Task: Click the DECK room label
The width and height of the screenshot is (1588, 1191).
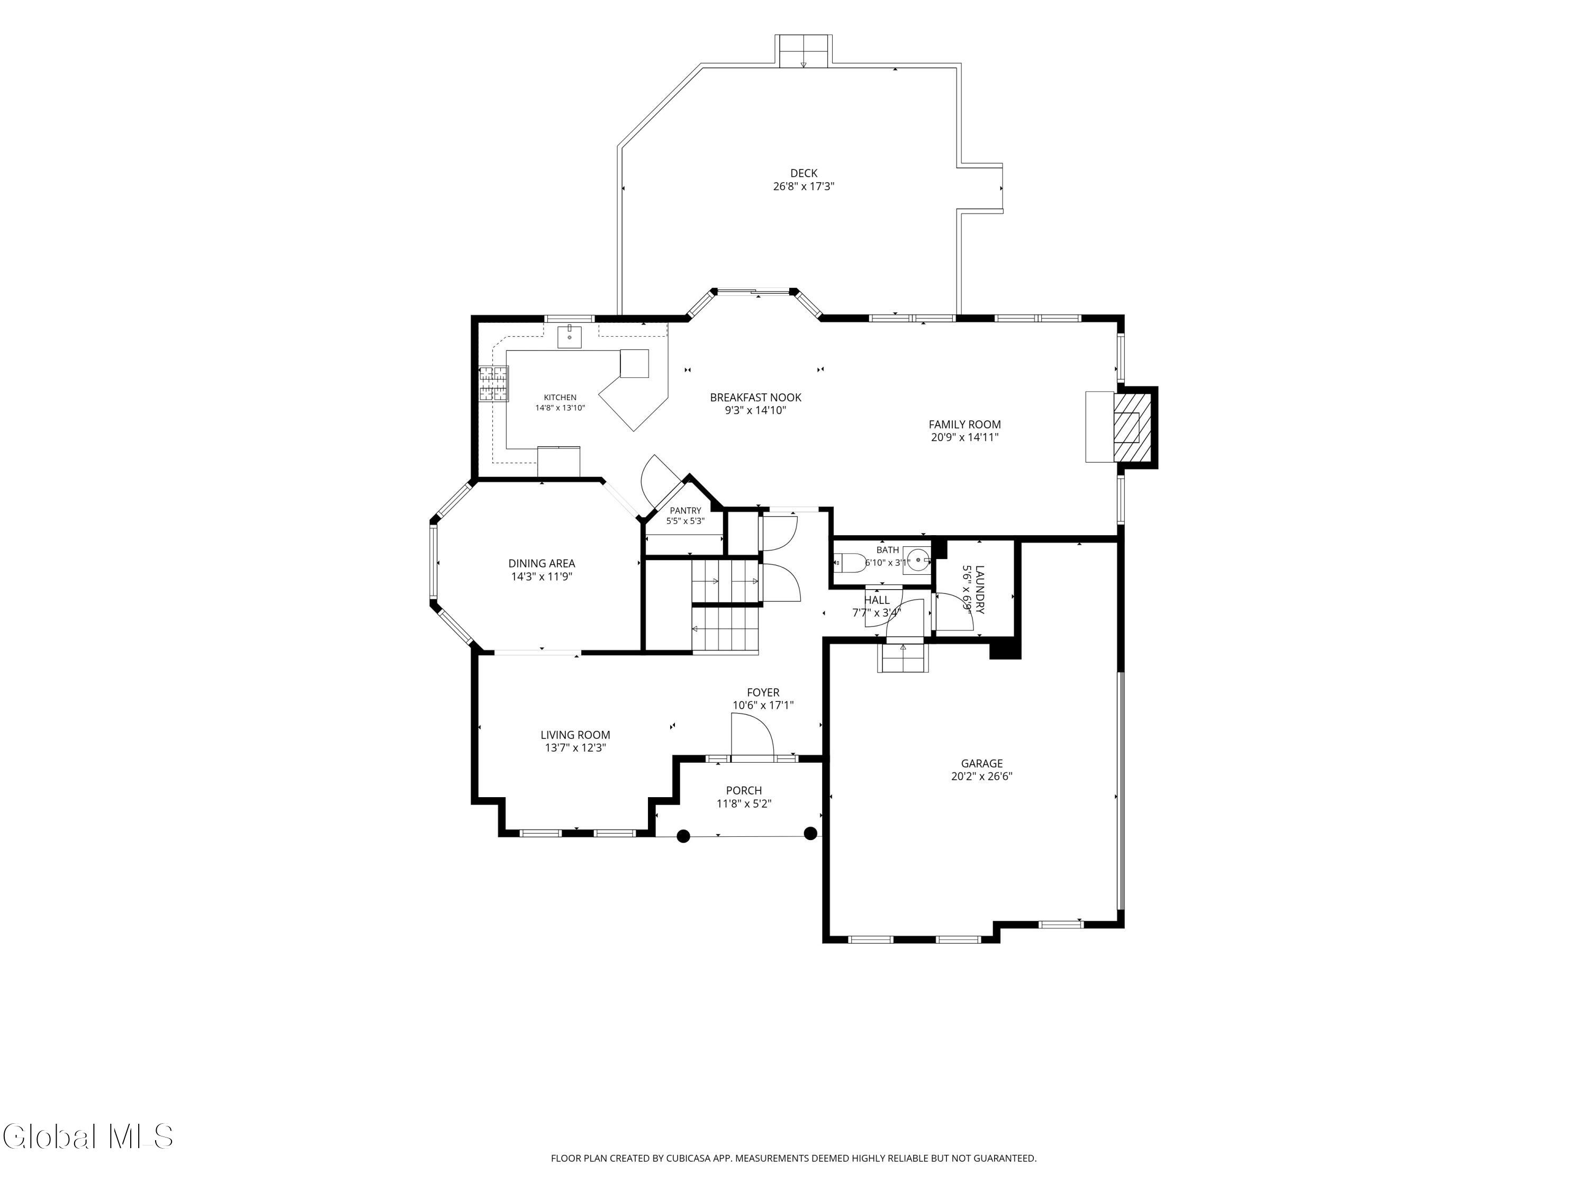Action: (x=804, y=173)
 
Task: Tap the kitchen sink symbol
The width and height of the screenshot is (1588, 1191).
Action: (x=569, y=336)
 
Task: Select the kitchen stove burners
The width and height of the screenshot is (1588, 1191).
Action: (x=493, y=383)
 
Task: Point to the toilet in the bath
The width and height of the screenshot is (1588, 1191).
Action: (x=849, y=563)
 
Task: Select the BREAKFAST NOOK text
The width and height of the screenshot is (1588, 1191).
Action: (x=755, y=398)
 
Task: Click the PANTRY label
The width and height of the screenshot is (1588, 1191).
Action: (x=685, y=510)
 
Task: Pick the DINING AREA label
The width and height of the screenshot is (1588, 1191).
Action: (x=542, y=564)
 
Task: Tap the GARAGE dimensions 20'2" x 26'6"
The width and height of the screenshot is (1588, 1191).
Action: (x=981, y=776)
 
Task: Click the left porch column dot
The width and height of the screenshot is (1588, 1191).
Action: (x=683, y=836)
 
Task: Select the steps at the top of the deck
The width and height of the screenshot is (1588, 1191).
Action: (x=804, y=51)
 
